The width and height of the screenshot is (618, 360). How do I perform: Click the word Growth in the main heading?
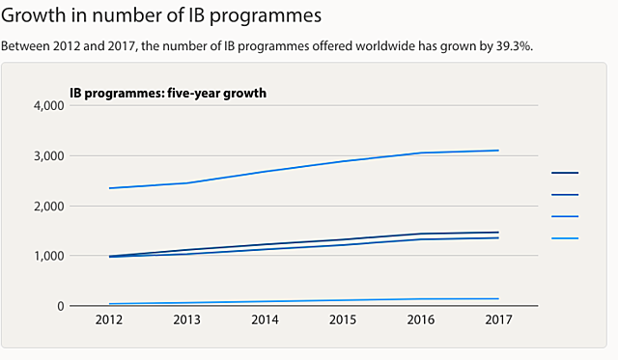coord(36,16)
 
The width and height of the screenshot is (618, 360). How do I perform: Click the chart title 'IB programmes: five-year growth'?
coord(167,93)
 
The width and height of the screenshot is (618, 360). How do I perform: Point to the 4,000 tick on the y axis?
coord(47,105)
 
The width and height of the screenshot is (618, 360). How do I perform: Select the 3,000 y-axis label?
coord(47,155)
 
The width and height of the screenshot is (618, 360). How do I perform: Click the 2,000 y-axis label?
coord(47,206)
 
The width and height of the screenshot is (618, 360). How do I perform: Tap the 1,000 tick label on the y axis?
coord(47,256)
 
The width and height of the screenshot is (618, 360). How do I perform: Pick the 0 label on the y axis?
coord(59,306)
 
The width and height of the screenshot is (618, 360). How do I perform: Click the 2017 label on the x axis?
coord(498,319)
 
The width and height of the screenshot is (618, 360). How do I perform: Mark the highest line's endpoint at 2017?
coord(498,151)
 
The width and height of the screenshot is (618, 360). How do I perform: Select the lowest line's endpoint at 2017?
coord(498,298)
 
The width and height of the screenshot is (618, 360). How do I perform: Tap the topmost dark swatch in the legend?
coord(564,173)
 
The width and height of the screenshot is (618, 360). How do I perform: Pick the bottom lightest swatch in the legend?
coord(564,237)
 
